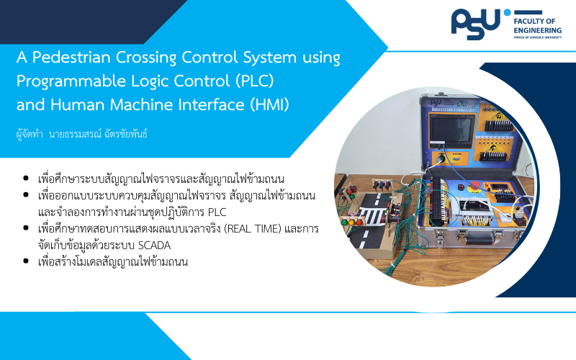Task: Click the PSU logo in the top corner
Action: tap(477, 24)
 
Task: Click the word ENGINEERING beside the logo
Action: tap(537, 30)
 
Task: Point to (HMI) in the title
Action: tap(269, 104)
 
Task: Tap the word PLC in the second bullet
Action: tap(217, 212)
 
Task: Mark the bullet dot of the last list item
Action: tap(26, 261)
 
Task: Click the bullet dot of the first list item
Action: tap(26, 179)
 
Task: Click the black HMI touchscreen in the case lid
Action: tap(451, 130)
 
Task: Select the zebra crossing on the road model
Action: tap(372, 215)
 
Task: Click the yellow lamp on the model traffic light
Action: tap(351, 222)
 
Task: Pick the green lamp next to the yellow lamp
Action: tap(345, 222)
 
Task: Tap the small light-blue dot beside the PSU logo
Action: tap(508, 12)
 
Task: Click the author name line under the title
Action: tap(81, 134)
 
